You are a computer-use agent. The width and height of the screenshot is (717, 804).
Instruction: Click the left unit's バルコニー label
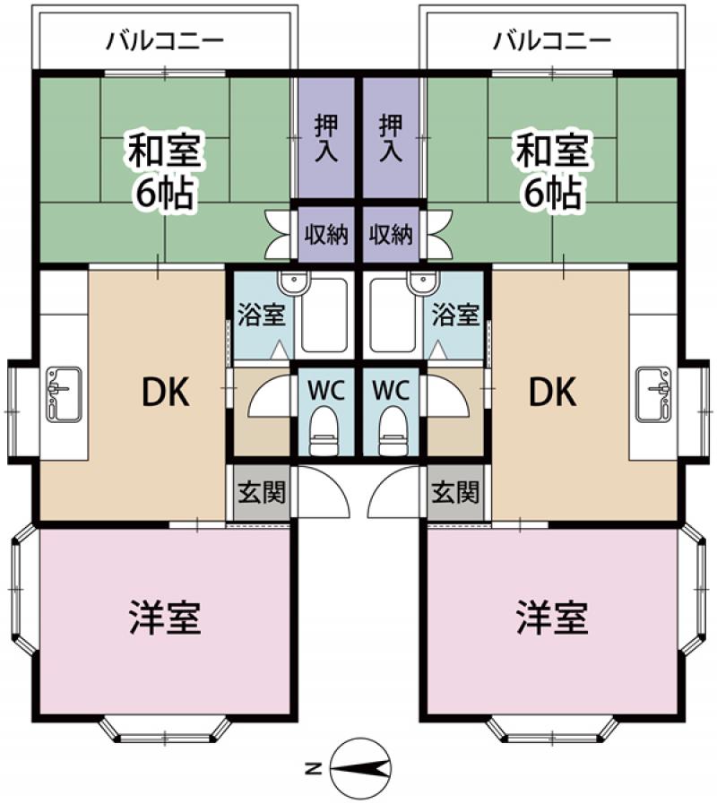pos(165,41)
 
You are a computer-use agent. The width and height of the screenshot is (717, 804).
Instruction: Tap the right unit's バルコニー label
pos(552,41)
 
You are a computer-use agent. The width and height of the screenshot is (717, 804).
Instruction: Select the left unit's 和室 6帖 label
pos(164,170)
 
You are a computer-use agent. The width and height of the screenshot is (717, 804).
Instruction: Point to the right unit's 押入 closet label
pos(390,138)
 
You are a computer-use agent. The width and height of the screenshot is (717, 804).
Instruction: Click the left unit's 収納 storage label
pos(325,234)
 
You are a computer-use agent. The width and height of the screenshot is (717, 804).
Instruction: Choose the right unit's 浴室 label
pos(455,314)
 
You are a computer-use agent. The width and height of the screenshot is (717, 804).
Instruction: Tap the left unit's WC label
pos(325,391)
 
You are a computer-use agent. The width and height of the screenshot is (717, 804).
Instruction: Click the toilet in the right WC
pos(393,429)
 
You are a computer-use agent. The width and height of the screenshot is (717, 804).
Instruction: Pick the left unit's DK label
pos(165,393)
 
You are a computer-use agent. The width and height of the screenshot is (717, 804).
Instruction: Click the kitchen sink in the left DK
pos(64,394)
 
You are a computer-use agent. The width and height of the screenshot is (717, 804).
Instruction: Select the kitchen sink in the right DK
pos(653,394)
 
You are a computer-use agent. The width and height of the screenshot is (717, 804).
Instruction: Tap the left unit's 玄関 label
pos(262,492)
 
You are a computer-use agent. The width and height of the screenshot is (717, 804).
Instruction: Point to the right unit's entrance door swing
pos(393,492)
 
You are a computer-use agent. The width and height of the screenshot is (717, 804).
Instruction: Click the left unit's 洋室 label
pos(165,618)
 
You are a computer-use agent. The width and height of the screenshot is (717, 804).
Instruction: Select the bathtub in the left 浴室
pos(324,315)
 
